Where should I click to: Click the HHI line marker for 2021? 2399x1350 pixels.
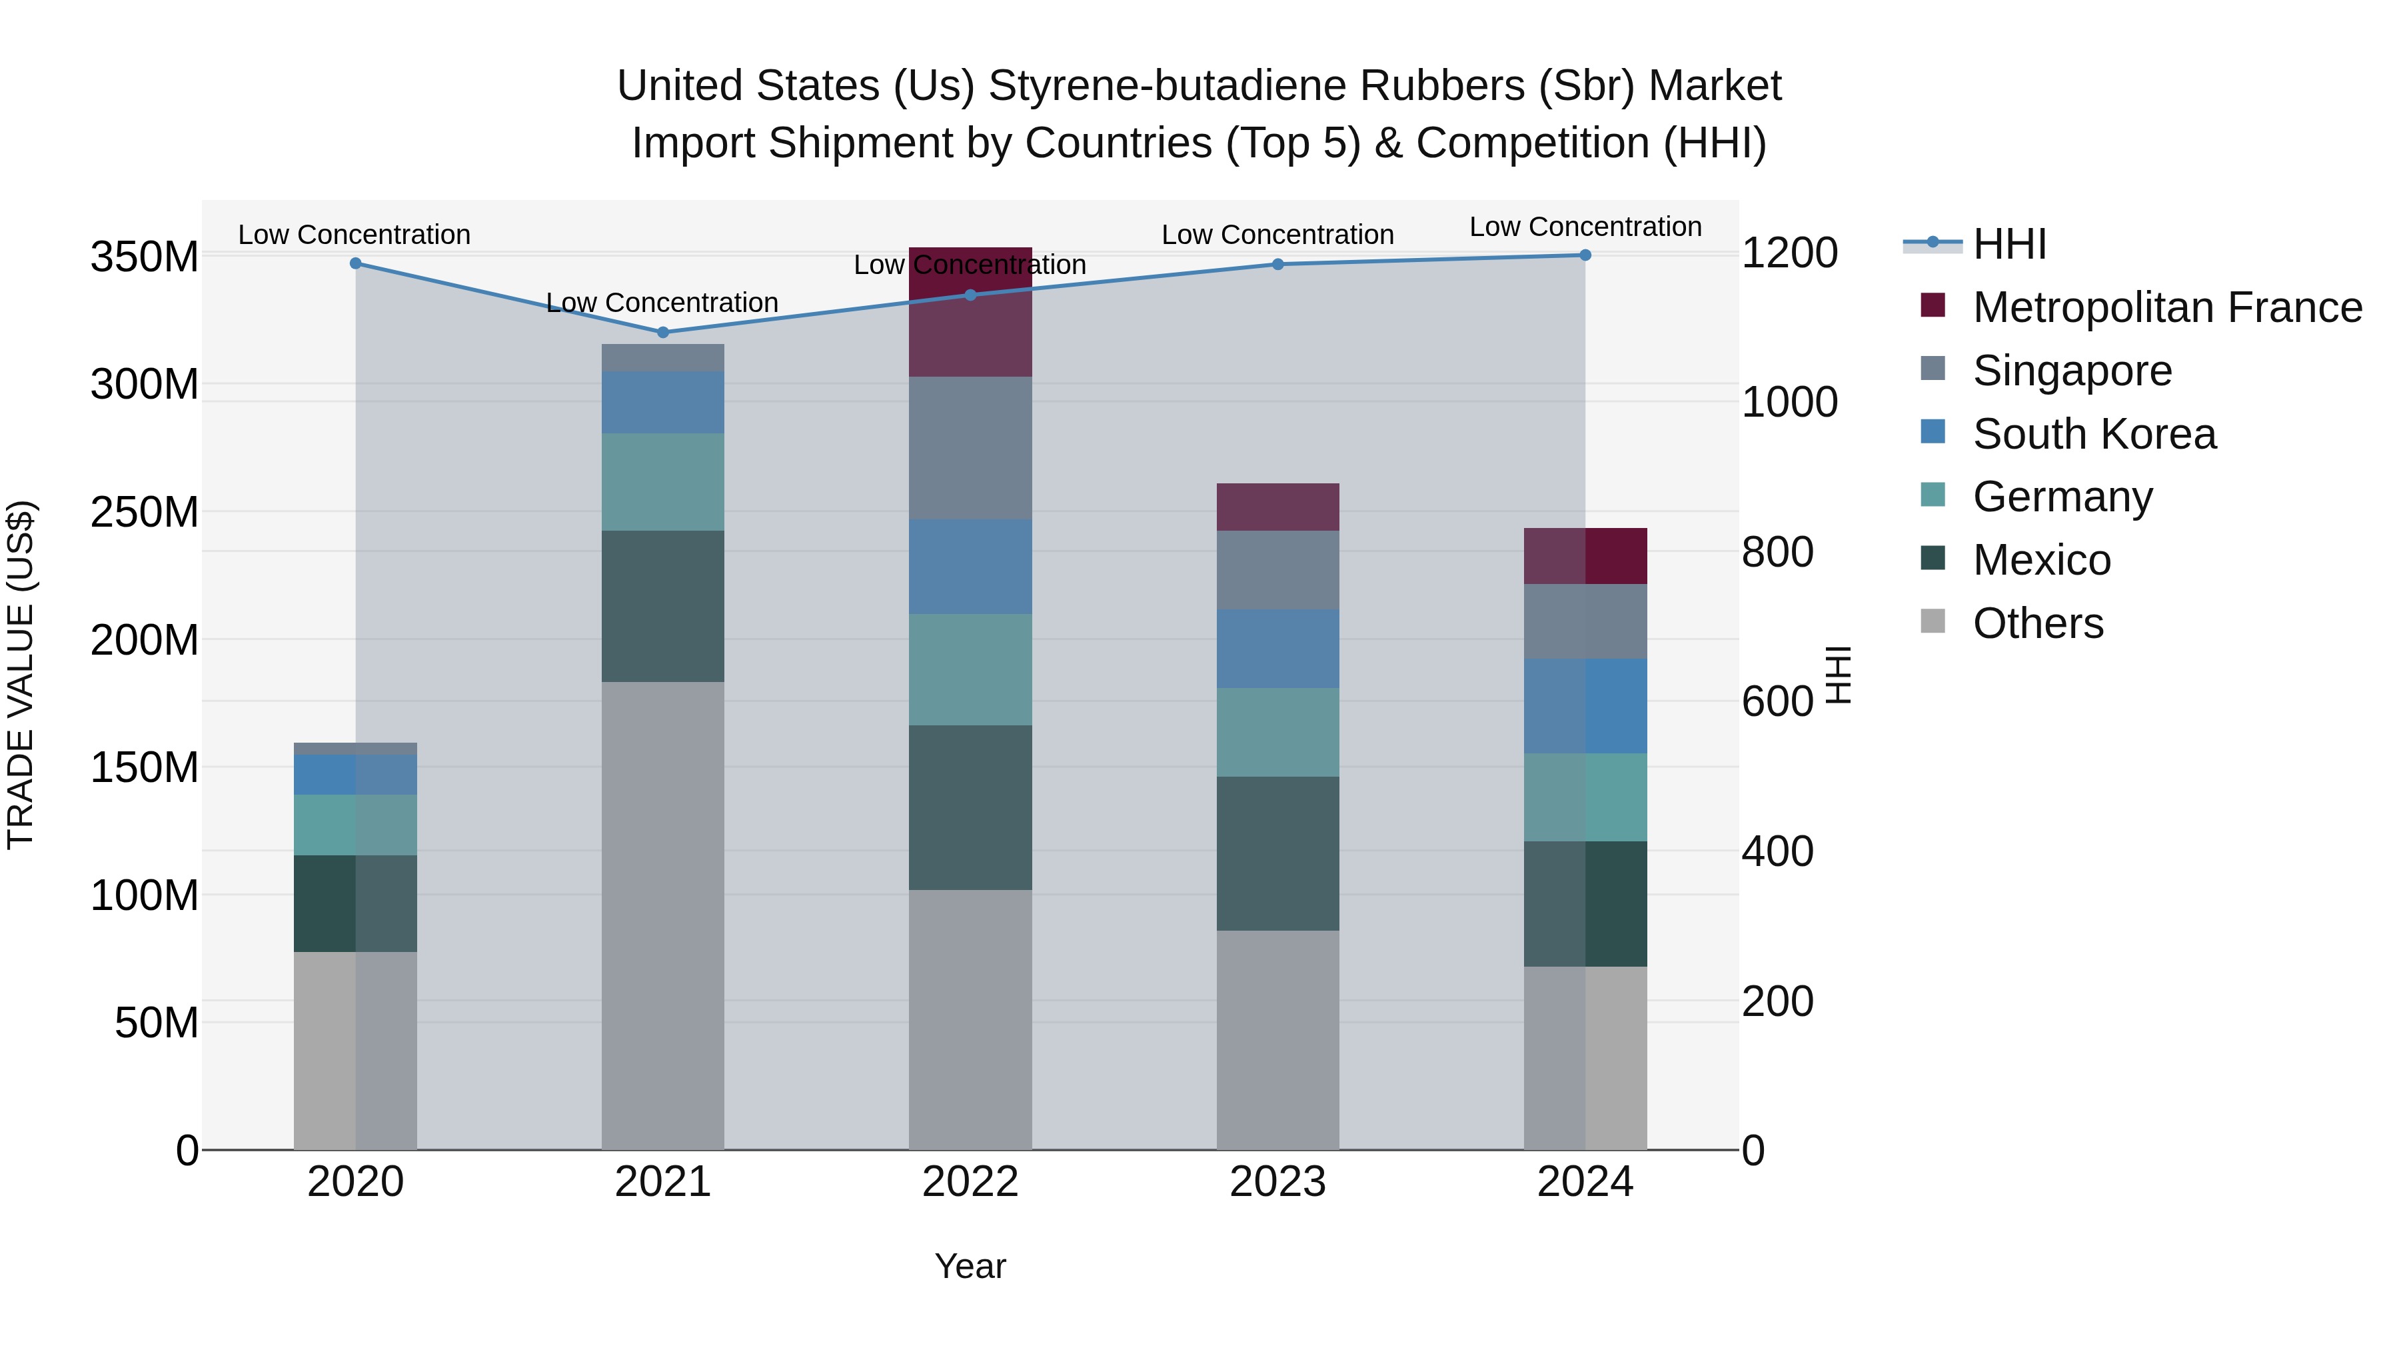662,332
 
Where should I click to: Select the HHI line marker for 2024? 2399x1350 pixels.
1585,255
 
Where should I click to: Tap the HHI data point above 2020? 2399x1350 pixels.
355,263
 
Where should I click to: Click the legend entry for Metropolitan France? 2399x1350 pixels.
2166,307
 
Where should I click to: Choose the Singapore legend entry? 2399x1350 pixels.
2071,371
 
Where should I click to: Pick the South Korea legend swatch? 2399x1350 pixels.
1933,432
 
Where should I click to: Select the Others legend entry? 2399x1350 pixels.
2038,623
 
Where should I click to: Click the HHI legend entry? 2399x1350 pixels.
2008,244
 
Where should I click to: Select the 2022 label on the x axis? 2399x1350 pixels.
970,1182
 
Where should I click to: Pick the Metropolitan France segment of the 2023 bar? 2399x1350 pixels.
1277,507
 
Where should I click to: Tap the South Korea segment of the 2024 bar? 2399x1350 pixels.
1585,705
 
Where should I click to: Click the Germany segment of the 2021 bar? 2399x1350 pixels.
662,482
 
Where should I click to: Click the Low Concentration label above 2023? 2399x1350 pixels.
1277,235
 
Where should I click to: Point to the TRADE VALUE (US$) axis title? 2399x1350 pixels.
21,675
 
